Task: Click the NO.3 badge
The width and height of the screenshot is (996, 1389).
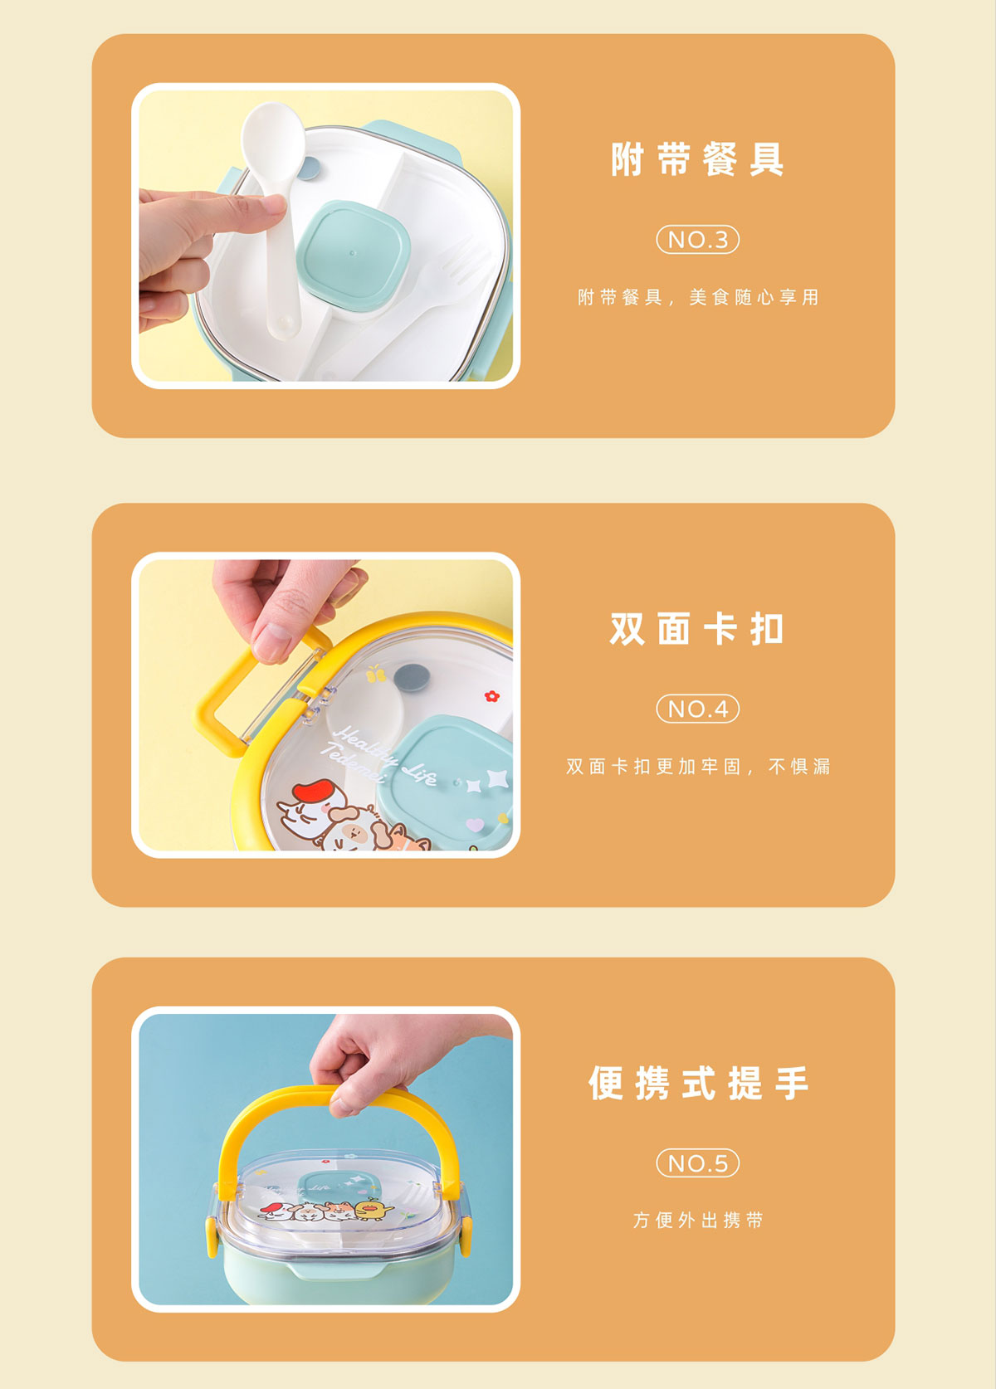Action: [x=698, y=239]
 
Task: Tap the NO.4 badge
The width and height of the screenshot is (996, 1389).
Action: [x=698, y=709]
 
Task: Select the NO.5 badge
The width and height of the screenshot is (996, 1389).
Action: [x=698, y=1162]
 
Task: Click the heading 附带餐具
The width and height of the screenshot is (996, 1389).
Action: [x=697, y=159]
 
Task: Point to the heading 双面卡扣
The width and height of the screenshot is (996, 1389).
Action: [x=697, y=629]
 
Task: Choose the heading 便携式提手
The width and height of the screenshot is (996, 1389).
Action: [x=698, y=1083]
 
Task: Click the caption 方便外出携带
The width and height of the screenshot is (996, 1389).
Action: [x=698, y=1220]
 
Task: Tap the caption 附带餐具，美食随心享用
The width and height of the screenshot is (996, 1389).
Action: [x=698, y=297]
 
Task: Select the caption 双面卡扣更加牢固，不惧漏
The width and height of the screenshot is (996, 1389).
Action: [x=698, y=767]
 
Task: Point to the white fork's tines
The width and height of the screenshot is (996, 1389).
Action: [x=464, y=264]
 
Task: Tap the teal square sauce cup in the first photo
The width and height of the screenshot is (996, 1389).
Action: [x=352, y=256]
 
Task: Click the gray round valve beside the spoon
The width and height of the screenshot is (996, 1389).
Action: [x=308, y=168]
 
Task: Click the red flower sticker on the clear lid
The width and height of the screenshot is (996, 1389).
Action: [x=492, y=695]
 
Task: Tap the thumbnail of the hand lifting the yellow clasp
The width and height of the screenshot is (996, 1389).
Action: [x=325, y=705]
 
